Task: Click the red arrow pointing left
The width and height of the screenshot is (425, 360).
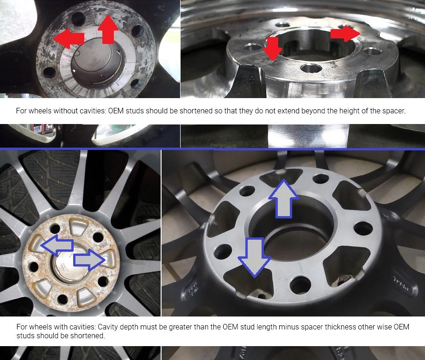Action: pos(68,37)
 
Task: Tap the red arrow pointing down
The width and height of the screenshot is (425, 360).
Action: pos(273,49)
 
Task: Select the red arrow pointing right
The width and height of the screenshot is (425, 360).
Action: pos(344,34)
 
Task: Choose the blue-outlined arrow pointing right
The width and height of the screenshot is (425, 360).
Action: pos(90,260)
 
